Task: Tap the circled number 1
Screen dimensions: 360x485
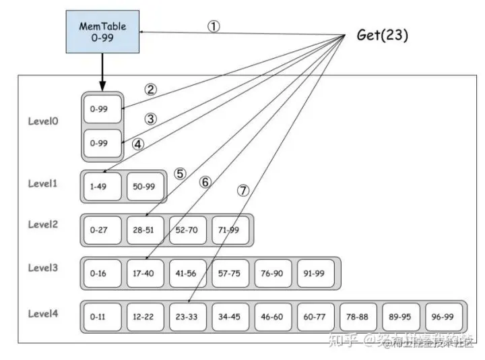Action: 214,26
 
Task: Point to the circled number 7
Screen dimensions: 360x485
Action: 243,190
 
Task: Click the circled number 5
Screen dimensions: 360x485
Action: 179,173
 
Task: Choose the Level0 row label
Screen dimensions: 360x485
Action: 43,121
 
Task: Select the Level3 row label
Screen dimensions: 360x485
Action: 43,267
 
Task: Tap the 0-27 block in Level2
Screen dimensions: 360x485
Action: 102,230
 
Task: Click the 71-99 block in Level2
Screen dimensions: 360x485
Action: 230,230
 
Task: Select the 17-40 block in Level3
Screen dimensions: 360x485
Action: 145,273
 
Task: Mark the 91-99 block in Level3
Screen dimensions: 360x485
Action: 315,273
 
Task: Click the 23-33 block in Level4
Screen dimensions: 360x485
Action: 187,316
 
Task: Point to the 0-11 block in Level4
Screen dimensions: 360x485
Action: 102,316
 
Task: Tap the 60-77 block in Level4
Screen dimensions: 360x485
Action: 315,316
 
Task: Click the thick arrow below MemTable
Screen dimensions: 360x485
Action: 102,71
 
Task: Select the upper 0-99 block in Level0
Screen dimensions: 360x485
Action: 102,108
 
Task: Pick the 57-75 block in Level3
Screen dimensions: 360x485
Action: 230,273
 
